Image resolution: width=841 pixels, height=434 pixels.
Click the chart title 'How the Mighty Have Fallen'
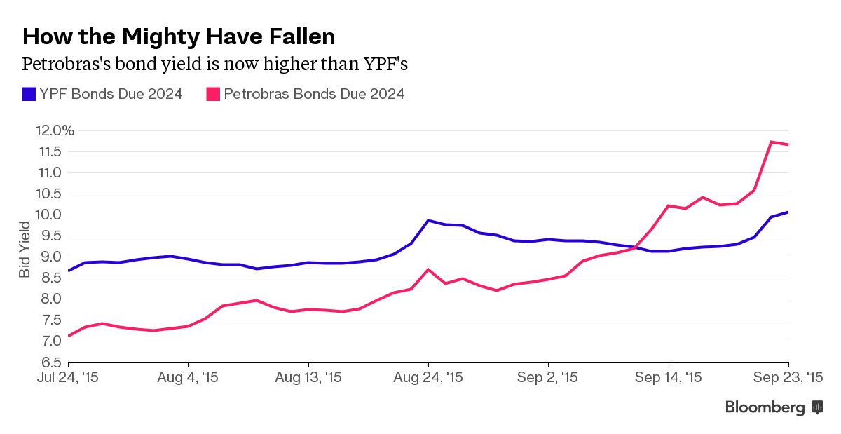pyautogui.click(x=179, y=36)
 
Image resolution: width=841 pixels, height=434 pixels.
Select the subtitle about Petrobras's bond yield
pyautogui.click(x=215, y=64)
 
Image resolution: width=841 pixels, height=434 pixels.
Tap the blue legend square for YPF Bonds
pyautogui.click(x=29, y=94)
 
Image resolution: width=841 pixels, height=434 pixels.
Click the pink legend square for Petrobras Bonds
pyautogui.click(x=212, y=94)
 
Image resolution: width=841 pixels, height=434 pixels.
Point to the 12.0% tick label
pyautogui.click(x=53, y=130)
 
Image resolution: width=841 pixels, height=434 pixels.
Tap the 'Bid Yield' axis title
pyautogui.click(x=25, y=250)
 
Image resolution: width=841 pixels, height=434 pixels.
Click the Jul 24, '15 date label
pyautogui.click(x=69, y=377)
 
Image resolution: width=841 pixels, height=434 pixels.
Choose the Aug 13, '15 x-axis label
pyautogui.click(x=308, y=377)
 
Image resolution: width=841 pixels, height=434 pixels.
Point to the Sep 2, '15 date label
pyautogui.click(x=549, y=377)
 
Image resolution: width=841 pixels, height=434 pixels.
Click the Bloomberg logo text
pyautogui.click(x=765, y=407)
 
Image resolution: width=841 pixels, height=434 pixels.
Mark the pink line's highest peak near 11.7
pyautogui.click(x=771, y=142)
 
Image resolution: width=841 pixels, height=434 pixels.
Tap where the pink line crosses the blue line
pyautogui.click(x=636, y=247)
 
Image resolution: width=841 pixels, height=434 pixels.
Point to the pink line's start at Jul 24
pyautogui.click(x=69, y=336)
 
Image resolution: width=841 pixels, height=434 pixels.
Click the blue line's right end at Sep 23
pyautogui.click(x=788, y=212)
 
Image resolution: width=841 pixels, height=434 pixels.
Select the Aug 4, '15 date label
pyautogui.click(x=189, y=377)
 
